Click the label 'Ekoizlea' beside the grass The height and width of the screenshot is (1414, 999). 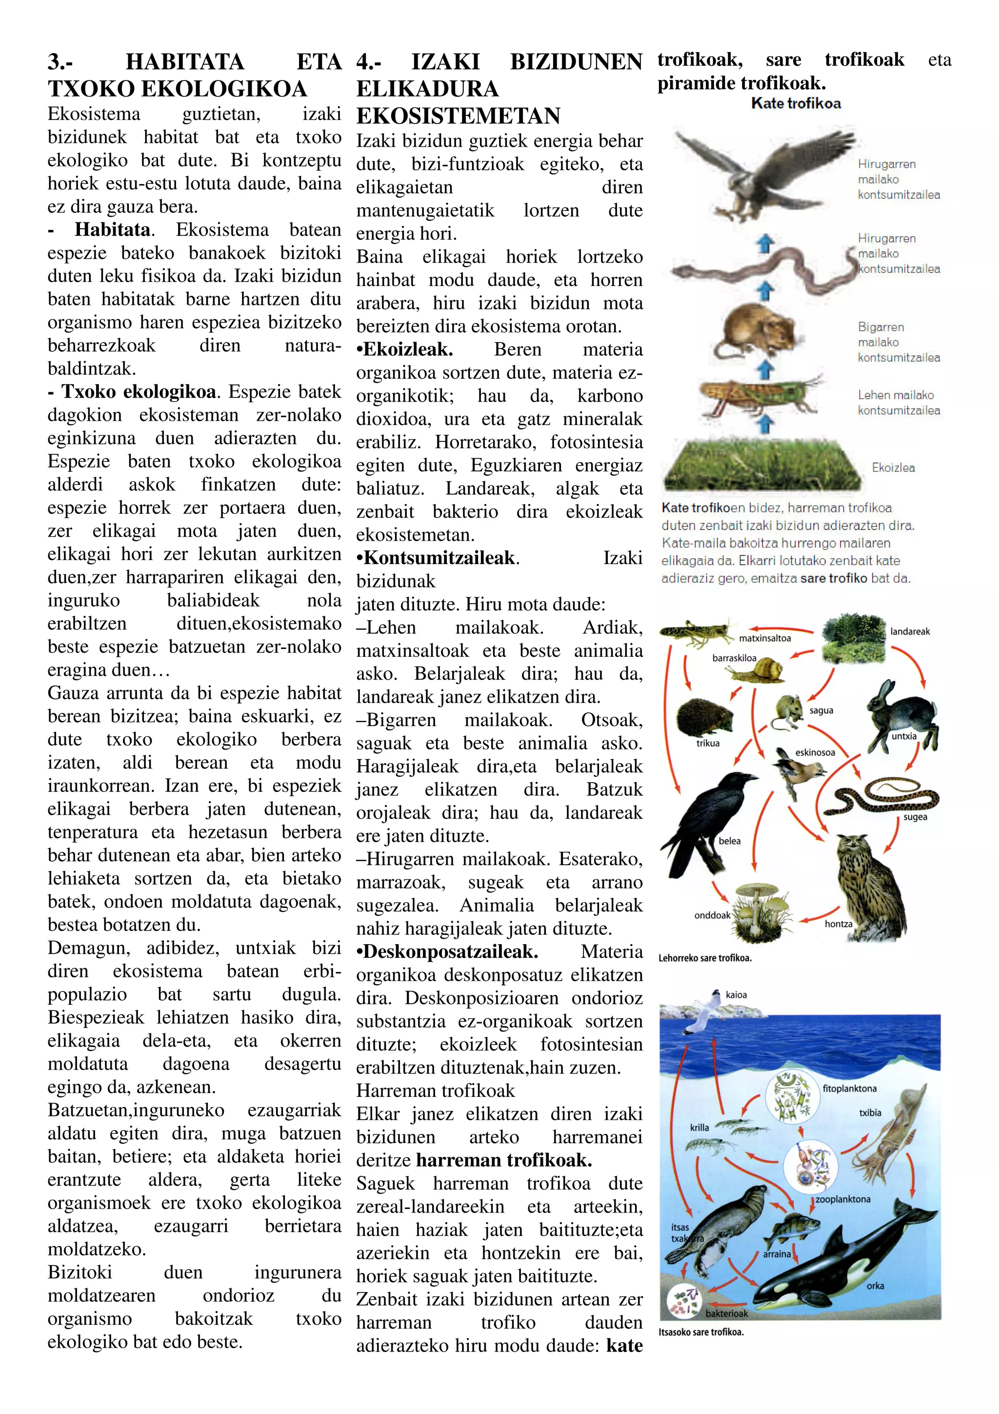pos(893,467)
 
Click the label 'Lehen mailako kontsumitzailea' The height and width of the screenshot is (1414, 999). pos(898,403)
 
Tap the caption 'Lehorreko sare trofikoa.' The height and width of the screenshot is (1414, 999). pos(705,958)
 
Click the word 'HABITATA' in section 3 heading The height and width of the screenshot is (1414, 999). pos(185,61)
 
